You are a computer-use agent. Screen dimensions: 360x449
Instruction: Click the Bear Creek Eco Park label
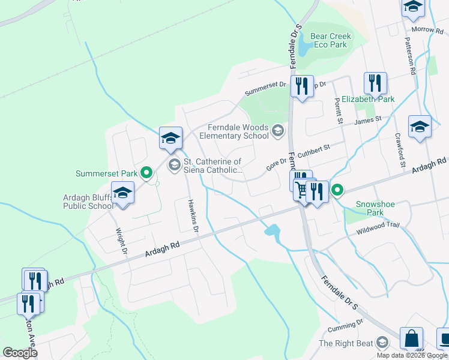click(x=331, y=41)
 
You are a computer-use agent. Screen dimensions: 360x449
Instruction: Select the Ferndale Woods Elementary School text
click(x=238, y=131)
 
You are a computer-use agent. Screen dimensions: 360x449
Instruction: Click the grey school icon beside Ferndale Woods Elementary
click(x=278, y=130)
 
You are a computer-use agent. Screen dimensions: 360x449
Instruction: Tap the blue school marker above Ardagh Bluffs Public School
click(x=122, y=194)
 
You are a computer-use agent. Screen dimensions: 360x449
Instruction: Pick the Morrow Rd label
click(x=426, y=29)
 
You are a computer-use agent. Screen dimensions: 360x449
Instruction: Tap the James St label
click(x=368, y=121)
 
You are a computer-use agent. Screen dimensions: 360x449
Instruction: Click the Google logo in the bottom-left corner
click(x=20, y=353)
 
